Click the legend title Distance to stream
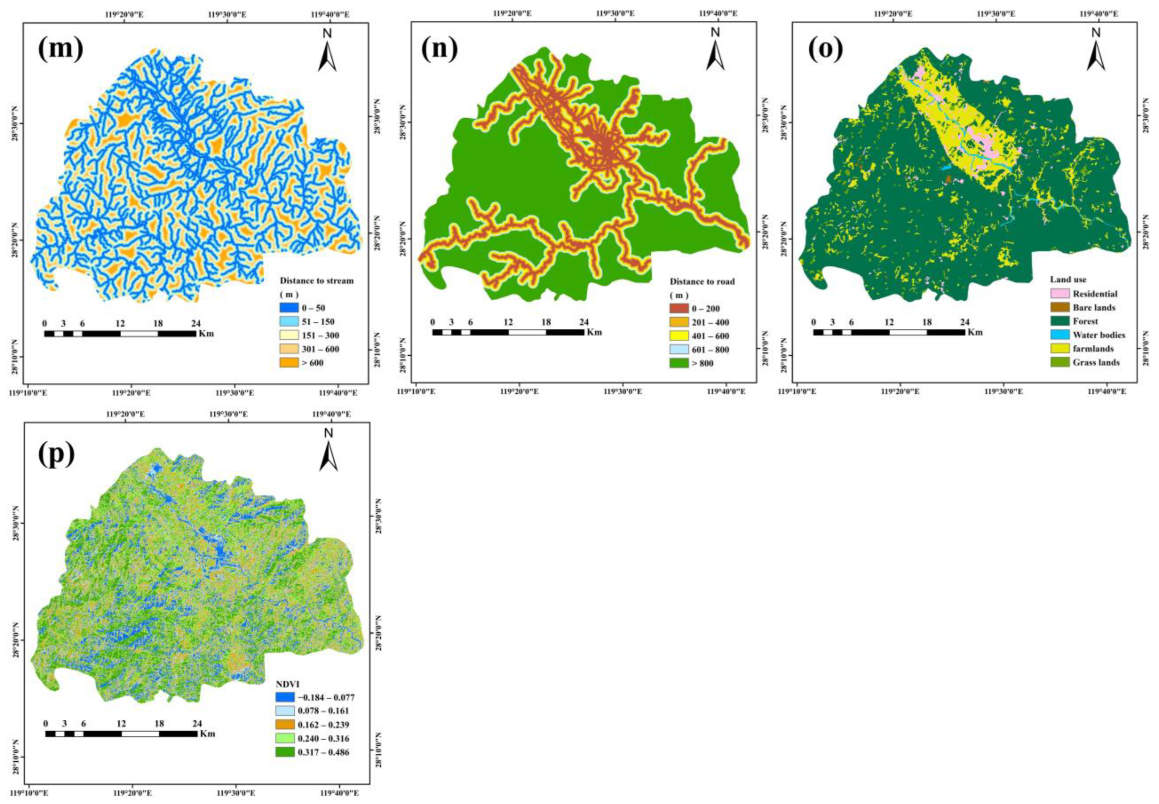(x=316, y=281)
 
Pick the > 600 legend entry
(x=312, y=362)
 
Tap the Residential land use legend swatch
(x=1058, y=294)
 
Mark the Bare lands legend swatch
(x=1058, y=307)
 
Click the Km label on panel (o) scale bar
(x=975, y=332)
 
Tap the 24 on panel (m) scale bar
(x=196, y=323)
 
